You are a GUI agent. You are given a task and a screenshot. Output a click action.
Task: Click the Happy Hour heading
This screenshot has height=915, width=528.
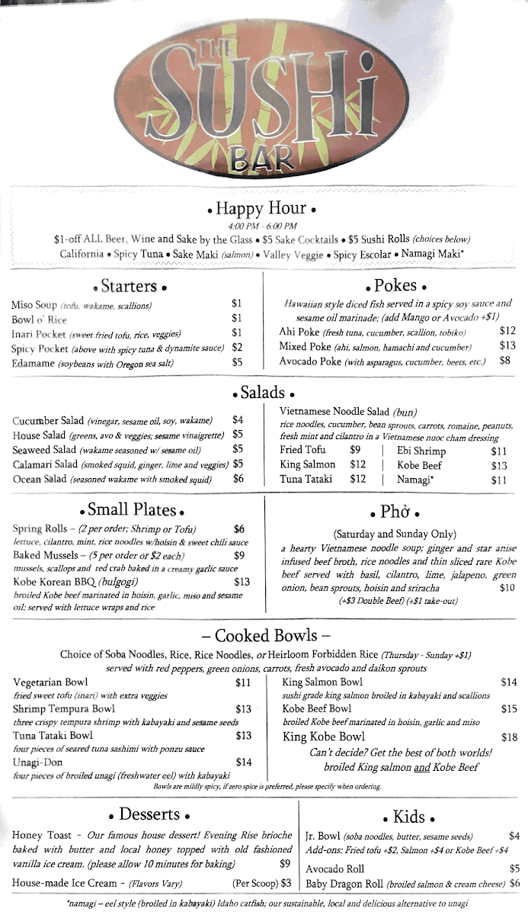pyautogui.click(x=261, y=209)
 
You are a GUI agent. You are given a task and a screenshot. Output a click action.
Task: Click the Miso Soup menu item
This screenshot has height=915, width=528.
pyautogui.click(x=34, y=305)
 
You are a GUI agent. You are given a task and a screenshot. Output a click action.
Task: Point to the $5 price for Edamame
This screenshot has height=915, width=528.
pyautogui.click(x=238, y=363)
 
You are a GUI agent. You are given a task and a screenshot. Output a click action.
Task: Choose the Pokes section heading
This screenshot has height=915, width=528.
pyautogui.click(x=395, y=286)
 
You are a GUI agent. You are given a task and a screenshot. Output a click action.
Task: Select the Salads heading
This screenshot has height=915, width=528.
pyautogui.click(x=262, y=393)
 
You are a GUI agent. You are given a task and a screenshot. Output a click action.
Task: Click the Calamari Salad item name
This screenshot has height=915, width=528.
pyautogui.click(x=45, y=464)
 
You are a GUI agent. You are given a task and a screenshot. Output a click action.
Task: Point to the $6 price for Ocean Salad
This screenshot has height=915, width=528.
pyautogui.click(x=238, y=479)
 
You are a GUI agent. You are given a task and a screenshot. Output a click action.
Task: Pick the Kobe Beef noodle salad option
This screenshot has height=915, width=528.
pyautogui.click(x=420, y=465)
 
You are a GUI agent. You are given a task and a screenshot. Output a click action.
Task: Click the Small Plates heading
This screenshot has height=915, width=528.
pyautogui.click(x=132, y=510)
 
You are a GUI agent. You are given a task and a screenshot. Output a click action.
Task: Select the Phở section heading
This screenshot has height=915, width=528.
pyautogui.click(x=395, y=512)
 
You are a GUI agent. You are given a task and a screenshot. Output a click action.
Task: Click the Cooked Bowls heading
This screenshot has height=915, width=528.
pyautogui.click(x=264, y=636)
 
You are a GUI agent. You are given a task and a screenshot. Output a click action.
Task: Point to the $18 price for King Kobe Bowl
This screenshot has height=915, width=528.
pyautogui.click(x=509, y=737)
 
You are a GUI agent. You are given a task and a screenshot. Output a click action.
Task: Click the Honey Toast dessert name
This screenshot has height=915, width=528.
pyautogui.click(x=42, y=835)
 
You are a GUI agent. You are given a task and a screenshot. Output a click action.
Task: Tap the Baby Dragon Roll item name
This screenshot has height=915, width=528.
pyautogui.click(x=344, y=884)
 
